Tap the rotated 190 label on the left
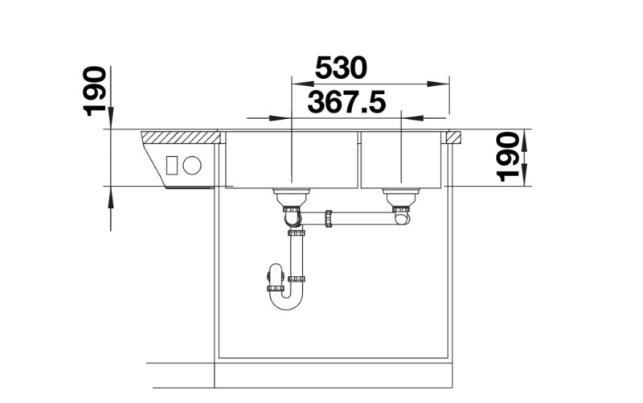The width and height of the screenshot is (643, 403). [x=96, y=90]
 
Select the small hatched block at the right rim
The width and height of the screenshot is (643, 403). [x=453, y=137]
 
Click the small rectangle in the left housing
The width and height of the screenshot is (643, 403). [x=171, y=166]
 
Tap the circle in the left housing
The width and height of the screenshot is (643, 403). [x=191, y=166]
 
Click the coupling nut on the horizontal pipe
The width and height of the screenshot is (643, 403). [x=328, y=217]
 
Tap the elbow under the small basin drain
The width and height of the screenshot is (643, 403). [x=401, y=215]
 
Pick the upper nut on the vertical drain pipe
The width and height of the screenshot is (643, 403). [x=297, y=233]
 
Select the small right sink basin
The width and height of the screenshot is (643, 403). [x=399, y=159]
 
